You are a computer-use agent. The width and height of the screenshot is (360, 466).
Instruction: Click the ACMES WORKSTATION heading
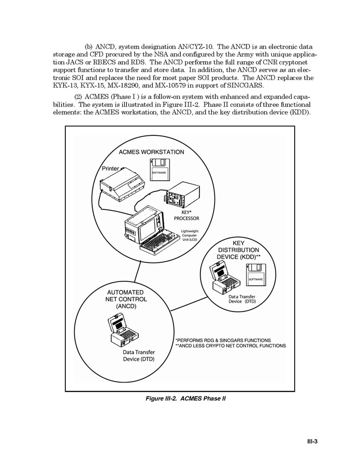point(151,152)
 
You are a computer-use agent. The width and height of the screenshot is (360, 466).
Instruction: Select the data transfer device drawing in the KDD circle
point(223,280)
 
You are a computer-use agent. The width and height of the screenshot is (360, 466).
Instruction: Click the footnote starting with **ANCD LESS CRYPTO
point(231,346)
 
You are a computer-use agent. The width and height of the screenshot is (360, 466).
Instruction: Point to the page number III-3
point(312,442)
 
